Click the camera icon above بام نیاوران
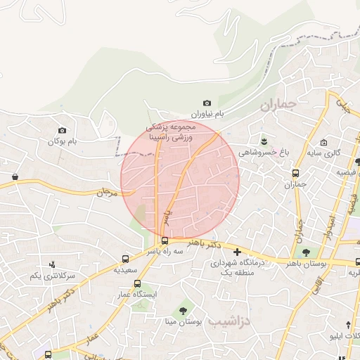(207, 103)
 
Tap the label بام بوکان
(61, 141)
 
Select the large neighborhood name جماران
(278, 106)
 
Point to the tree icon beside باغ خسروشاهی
(264, 141)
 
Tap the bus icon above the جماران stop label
(296, 173)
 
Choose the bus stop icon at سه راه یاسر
(165, 240)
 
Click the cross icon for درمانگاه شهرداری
(237, 251)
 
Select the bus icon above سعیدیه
(126, 259)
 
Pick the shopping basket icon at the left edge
(15, 176)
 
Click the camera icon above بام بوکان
(63, 130)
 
